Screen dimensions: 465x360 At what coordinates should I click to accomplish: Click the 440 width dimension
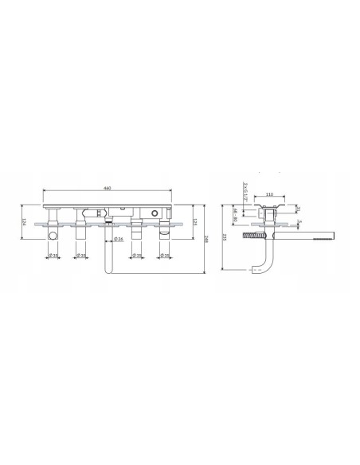pyautogui.click(x=107, y=188)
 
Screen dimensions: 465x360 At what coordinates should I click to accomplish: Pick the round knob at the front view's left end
pyautogui.click(x=51, y=236)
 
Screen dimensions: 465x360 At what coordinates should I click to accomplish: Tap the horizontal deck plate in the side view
pyautogui.click(x=271, y=226)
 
